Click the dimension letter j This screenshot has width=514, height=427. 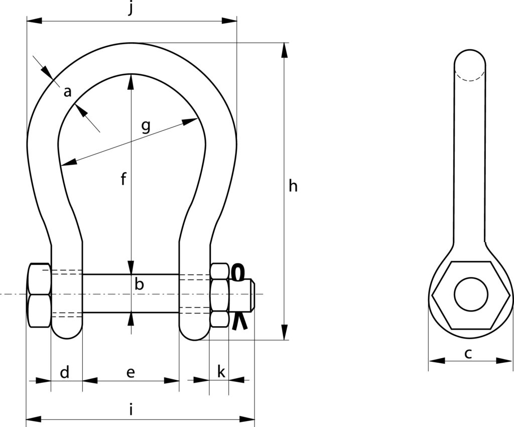click(131, 9)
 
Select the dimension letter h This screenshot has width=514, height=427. click(293, 186)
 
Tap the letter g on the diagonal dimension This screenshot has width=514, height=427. click(146, 125)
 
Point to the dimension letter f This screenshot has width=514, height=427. click(123, 179)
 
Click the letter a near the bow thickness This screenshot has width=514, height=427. click(68, 92)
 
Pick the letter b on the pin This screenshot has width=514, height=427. click(140, 284)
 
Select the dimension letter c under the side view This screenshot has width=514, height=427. click(468, 353)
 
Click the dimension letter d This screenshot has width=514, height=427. click(65, 372)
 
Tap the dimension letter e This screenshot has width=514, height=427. click(131, 372)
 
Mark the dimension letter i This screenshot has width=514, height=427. click(131, 409)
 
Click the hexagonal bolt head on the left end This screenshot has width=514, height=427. click(39, 295)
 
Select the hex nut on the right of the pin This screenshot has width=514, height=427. click(219, 295)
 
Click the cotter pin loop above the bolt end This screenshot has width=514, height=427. click(238, 272)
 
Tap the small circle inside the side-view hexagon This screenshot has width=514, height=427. click(471, 294)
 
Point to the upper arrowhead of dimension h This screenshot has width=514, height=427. click(285, 50)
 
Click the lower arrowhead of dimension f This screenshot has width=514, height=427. click(131, 267)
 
